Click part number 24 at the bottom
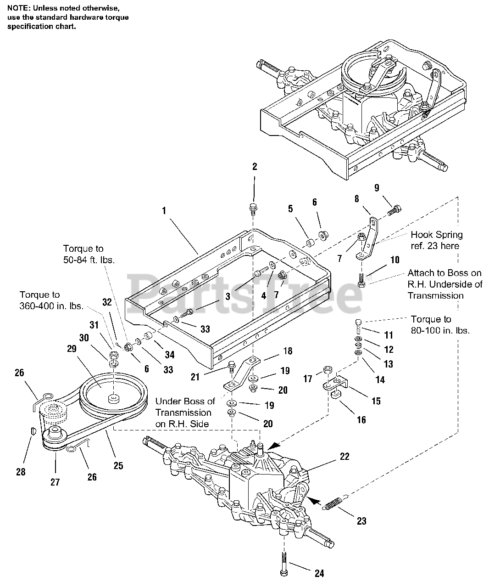[319, 573]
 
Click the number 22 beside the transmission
[344, 456]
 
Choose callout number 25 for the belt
[118, 465]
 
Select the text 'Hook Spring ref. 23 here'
[436, 240]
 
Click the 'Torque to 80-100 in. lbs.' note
[440, 324]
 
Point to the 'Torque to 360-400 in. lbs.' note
[46, 300]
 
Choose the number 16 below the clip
[361, 419]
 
